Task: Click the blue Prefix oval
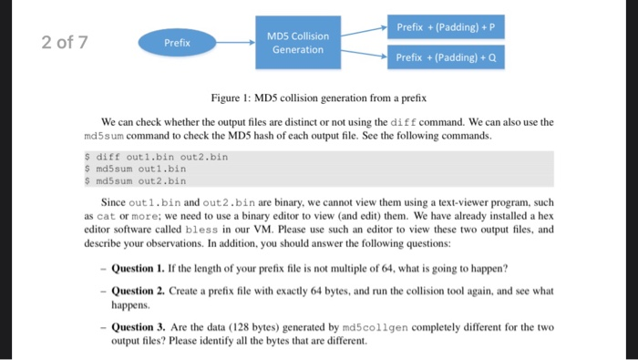[x=177, y=42]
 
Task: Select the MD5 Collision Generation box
[x=297, y=42]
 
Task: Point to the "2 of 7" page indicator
[x=64, y=42]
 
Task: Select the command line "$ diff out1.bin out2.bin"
[x=156, y=156]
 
